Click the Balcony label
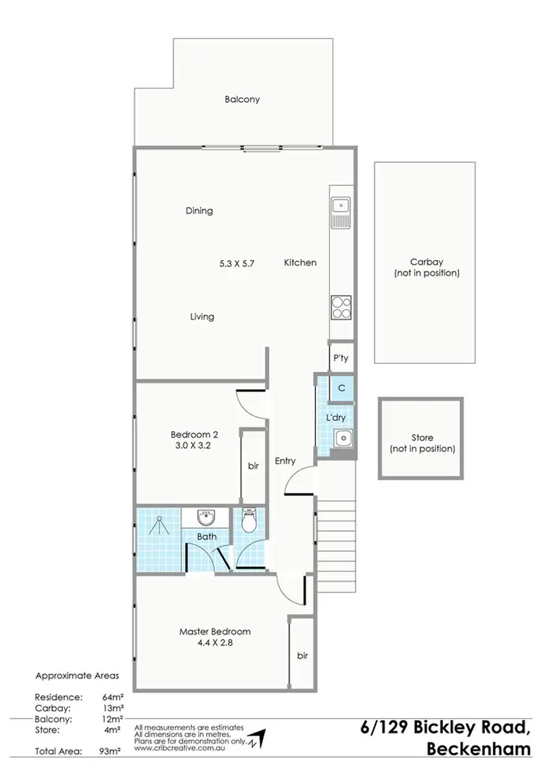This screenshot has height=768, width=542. (x=241, y=100)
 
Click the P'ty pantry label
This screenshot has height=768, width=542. (x=340, y=357)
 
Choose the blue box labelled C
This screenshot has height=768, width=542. (x=341, y=388)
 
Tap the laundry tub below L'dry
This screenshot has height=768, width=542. (x=342, y=437)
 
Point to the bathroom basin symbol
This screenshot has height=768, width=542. (x=207, y=518)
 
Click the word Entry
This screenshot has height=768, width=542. (x=286, y=461)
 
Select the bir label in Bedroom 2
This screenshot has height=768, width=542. (x=253, y=466)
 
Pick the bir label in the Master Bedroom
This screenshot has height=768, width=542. (x=302, y=656)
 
